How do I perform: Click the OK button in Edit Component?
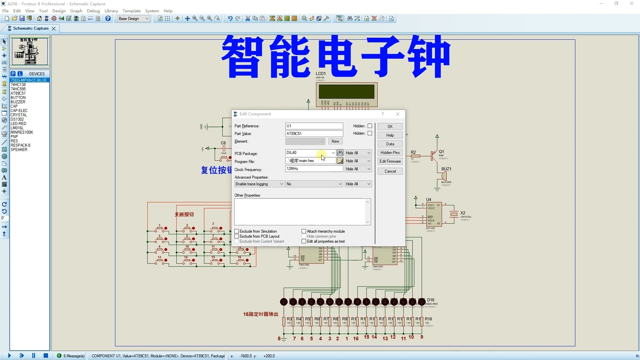pos(390,127)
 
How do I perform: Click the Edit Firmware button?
pos(390,161)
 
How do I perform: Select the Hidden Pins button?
pos(390,153)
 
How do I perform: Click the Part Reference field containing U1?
pos(314,126)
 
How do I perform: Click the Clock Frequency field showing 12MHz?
pos(314,169)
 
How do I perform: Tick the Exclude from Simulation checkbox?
pos(237,231)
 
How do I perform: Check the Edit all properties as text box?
pos(304,241)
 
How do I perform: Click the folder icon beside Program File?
pos(340,161)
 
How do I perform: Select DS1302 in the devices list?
pos(17,119)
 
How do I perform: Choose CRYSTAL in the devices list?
pos(19,115)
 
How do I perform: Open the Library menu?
pos(111,11)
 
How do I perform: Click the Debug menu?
pos(93,11)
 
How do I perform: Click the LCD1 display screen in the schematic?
pos(346,92)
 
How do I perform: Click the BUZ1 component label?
pos(446,169)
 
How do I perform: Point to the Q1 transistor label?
pos(441,152)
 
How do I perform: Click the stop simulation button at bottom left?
pos(46,356)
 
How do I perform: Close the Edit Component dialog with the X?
pos(398,114)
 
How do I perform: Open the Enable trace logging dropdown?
pos(259,184)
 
